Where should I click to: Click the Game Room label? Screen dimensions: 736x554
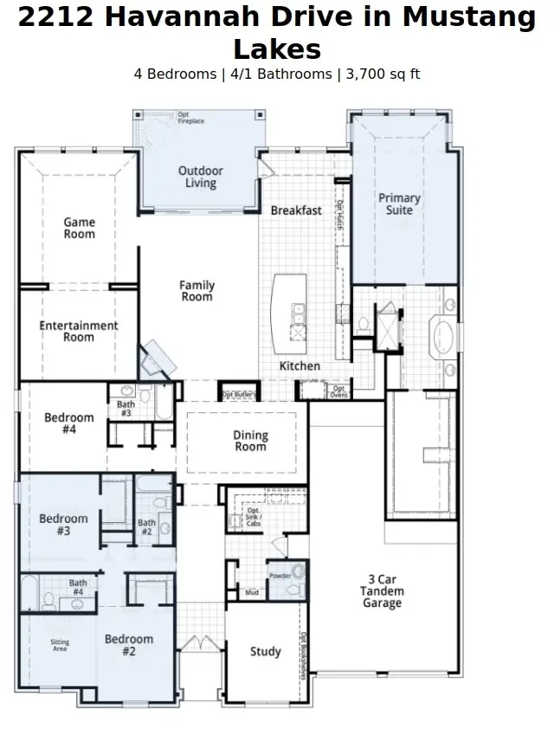click(79, 228)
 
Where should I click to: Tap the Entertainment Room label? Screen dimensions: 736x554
click(78, 331)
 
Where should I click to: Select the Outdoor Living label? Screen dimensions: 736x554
click(200, 177)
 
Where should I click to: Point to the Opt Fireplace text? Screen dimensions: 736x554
click(190, 118)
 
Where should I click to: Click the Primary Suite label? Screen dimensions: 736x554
click(399, 203)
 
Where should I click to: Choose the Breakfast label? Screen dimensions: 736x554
click(296, 210)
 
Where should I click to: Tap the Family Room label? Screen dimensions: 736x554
click(196, 291)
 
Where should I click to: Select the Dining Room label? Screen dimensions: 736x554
click(250, 441)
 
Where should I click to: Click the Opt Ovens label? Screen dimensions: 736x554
click(338, 391)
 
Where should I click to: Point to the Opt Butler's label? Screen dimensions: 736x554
click(238, 395)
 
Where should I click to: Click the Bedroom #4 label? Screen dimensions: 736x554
click(68, 423)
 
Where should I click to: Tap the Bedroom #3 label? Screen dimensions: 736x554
click(63, 525)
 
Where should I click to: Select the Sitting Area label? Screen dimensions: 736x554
click(59, 644)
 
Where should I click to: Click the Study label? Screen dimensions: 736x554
click(265, 651)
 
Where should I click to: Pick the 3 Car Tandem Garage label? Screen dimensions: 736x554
click(382, 591)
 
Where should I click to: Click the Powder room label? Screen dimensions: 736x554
click(279, 575)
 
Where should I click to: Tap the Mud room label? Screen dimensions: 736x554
click(252, 593)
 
